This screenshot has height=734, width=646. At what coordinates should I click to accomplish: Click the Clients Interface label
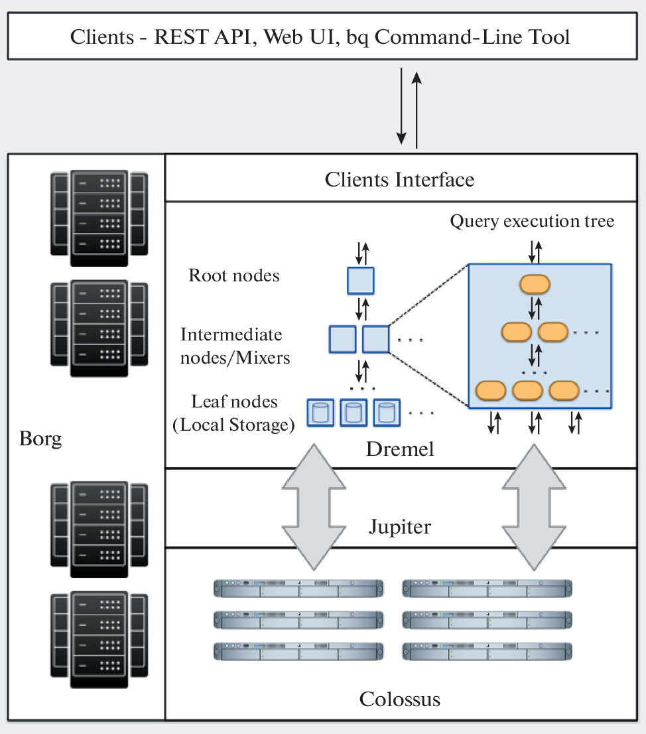[399, 179]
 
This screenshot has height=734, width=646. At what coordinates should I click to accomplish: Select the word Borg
[40, 439]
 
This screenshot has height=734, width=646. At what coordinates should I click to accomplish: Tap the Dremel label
[400, 449]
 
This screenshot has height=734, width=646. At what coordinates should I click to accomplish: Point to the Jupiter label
[400, 527]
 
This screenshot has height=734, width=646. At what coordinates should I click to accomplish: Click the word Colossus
[400, 699]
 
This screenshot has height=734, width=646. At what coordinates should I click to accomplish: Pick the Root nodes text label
[234, 275]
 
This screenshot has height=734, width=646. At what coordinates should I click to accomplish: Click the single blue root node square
[361, 280]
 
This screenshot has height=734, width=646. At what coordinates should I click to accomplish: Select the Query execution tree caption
[532, 221]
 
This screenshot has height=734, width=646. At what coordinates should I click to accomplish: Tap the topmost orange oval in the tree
[535, 284]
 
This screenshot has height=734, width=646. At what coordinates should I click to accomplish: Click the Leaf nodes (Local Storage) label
[233, 413]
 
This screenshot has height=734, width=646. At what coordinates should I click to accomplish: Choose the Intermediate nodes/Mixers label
[235, 346]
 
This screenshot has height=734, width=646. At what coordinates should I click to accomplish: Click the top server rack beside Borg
[99, 214]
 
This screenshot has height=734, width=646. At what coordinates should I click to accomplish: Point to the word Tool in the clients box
[548, 36]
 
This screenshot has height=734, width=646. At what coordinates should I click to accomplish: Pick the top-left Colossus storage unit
[299, 588]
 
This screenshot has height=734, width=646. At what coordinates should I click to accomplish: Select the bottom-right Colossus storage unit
[487, 651]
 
